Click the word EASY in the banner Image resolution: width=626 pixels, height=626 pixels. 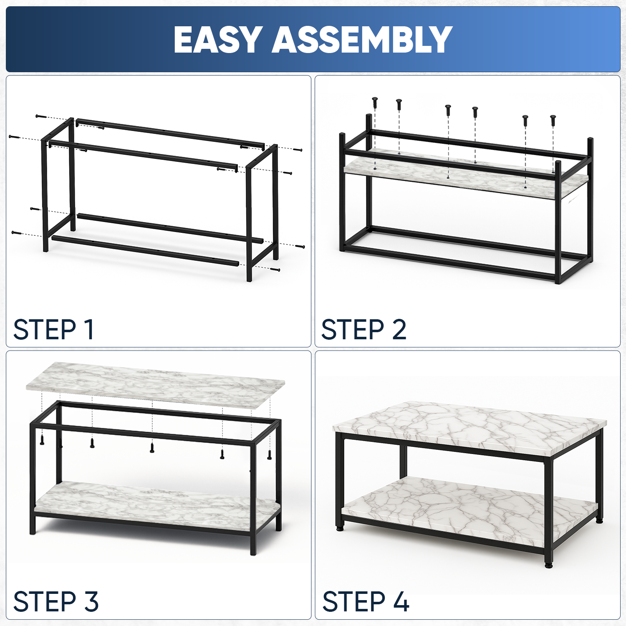[x=218, y=40]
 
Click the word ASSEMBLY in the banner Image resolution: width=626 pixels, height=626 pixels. [x=362, y=40]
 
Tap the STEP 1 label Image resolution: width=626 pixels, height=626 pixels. [x=53, y=329]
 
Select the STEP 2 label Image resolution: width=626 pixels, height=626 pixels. [x=363, y=329]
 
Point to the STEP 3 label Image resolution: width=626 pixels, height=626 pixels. [x=56, y=601]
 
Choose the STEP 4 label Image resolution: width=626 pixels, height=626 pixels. [x=366, y=601]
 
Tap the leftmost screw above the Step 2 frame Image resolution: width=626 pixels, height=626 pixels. [x=375, y=103]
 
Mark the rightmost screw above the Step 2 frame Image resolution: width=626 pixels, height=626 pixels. [x=553, y=120]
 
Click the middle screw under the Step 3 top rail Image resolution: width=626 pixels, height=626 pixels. [x=152, y=447]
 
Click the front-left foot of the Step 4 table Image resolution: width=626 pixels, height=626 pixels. [x=339, y=528]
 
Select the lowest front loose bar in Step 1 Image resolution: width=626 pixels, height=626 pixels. [x=145, y=251]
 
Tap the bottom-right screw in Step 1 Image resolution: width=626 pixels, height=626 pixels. [x=275, y=269]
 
